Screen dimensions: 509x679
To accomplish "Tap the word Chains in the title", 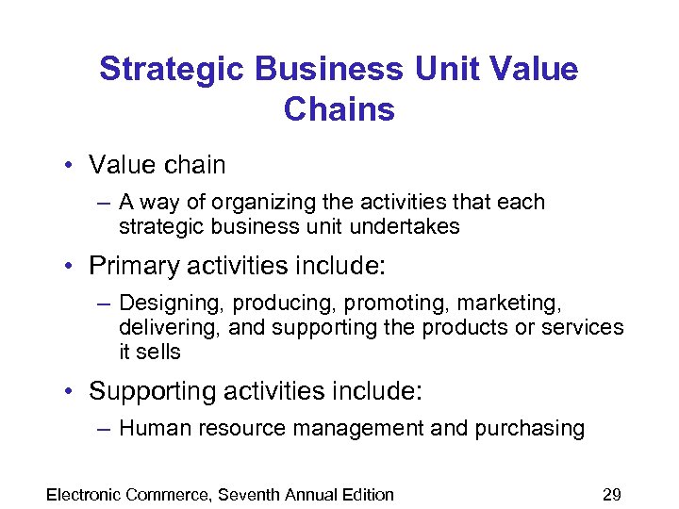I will click(x=339, y=109).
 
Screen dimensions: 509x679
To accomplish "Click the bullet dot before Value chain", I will click(x=70, y=165).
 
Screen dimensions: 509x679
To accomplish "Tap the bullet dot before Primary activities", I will click(x=70, y=266).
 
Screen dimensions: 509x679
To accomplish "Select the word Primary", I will click(x=130, y=266).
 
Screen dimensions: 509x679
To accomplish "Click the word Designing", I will click(x=172, y=304).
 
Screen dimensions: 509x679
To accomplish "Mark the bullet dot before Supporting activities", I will click(x=70, y=390).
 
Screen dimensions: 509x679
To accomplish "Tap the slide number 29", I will click(x=611, y=494).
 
